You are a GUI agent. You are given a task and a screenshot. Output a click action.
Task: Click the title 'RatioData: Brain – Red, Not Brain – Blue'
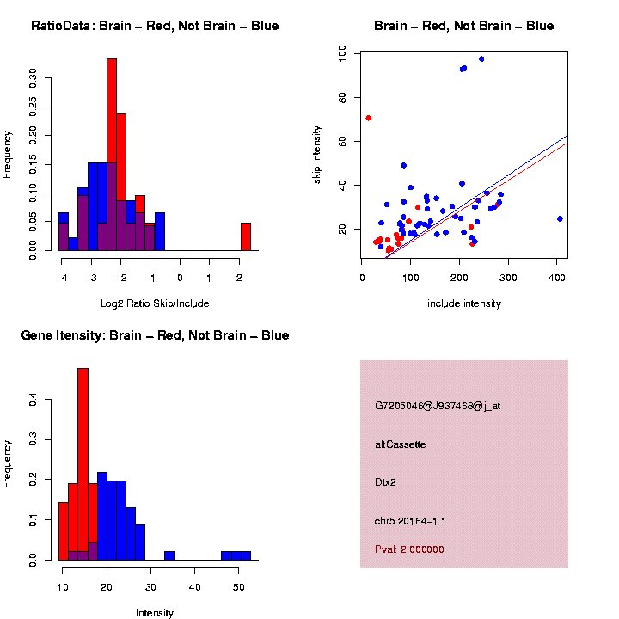[x=155, y=26]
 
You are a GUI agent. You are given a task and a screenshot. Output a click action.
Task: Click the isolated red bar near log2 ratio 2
[x=246, y=236]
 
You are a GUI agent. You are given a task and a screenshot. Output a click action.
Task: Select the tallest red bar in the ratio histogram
[x=111, y=155]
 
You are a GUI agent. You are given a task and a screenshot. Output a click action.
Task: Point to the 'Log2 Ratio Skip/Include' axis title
[x=155, y=303]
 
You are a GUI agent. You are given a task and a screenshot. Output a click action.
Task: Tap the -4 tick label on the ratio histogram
[x=61, y=278]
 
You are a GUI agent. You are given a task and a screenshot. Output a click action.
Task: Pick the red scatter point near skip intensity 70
[x=369, y=118]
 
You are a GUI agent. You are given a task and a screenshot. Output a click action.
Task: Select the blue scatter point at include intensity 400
[x=560, y=218]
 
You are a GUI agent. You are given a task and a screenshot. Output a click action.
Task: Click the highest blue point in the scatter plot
[x=481, y=58]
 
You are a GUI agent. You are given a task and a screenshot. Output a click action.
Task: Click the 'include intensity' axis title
[x=463, y=303]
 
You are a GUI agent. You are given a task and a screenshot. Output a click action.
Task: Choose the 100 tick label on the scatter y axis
[x=343, y=54]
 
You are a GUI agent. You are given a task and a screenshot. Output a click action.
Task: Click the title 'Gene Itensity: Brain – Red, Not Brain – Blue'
[x=155, y=335]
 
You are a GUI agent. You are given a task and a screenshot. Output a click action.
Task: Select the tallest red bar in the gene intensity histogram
[x=83, y=464]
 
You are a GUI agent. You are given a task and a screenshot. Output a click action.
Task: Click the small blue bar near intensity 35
[x=169, y=555]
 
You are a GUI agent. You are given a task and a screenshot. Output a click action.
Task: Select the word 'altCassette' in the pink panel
[x=401, y=444]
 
